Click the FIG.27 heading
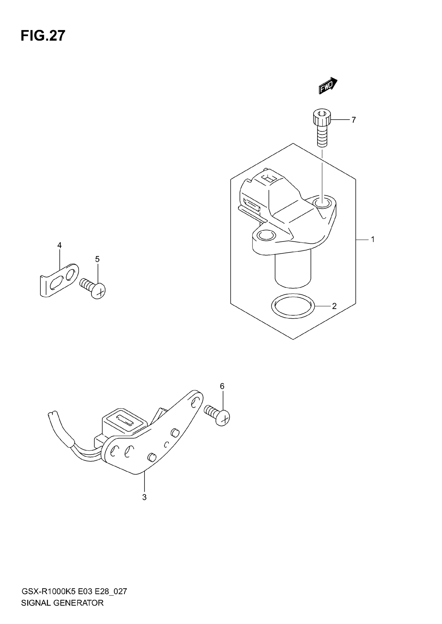[43, 36]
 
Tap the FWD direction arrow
[328, 85]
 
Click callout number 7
[353, 120]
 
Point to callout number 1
[373, 239]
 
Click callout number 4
[59, 245]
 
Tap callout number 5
[97, 259]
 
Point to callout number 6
[222, 386]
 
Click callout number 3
[144, 497]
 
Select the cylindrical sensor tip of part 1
[292, 272]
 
